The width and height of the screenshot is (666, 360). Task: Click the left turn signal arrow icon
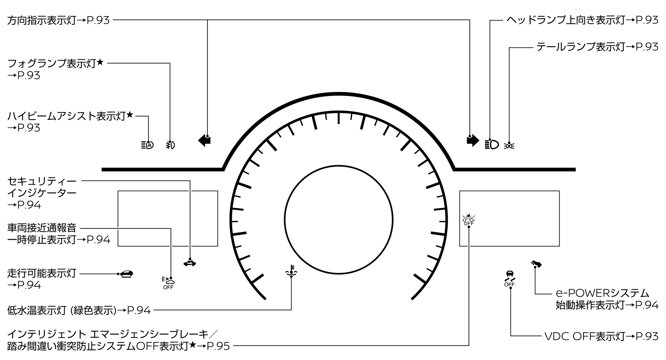coord(204,140)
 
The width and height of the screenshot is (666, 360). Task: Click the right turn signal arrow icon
coord(473,140)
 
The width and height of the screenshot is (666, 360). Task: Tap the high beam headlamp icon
coord(492,144)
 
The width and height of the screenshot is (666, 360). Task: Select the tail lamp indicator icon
coord(509,146)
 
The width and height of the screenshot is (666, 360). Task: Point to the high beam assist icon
coord(147,145)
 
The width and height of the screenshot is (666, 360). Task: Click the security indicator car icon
coord(190,263)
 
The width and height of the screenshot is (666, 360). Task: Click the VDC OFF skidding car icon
coord(509,278)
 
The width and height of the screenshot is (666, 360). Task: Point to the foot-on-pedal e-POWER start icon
coord(537,264)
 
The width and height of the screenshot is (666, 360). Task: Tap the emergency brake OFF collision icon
coord(469,220)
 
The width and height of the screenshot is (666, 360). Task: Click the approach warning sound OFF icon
coord(168,283)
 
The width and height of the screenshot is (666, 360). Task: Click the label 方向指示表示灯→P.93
coord(58,20)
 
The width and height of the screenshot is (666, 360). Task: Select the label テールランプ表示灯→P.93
coord(597,47)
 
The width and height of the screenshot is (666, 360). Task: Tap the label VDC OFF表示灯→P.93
coord(601,336)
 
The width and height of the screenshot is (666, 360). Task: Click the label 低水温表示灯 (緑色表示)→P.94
coord(79,310)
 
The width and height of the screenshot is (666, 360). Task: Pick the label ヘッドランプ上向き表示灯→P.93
coord(583,20)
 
